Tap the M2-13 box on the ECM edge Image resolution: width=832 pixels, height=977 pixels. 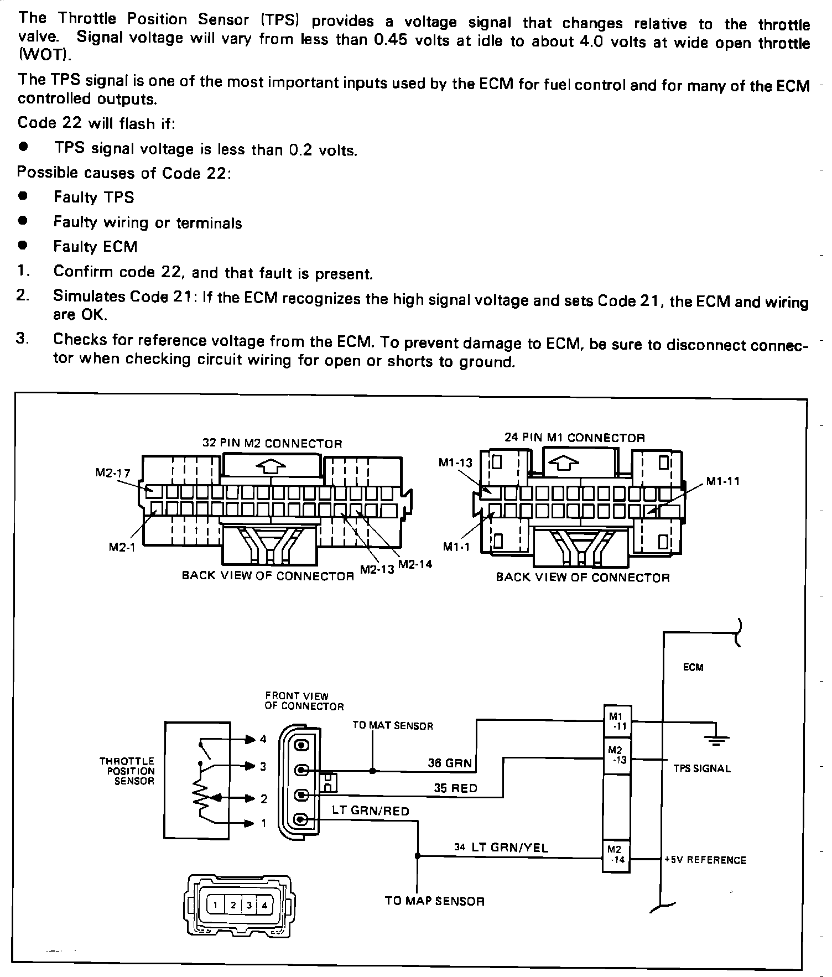[616, 755]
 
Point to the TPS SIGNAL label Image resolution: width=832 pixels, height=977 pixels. [702, 768]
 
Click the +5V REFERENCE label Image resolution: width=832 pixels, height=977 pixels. [705, 860]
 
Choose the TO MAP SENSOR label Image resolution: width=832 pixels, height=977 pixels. [434, 901]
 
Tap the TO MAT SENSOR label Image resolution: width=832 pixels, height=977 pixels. [393, 726]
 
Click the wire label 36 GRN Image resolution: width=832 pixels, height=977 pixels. [450, 763]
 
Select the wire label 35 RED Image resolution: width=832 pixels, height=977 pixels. [455, 788]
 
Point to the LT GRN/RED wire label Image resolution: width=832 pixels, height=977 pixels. [371, 812]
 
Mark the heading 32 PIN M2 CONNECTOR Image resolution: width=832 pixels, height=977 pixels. [272, 444]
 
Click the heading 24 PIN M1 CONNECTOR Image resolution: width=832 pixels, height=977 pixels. [574, 438]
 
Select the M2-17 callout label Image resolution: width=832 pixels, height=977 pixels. [113, 473]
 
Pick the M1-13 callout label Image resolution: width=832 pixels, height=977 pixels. [456, 463]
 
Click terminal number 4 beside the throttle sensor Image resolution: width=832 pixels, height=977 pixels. [263, 739]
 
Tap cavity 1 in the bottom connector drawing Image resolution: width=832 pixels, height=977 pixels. [216, 905]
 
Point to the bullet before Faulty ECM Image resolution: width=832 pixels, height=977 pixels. [23, 245]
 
